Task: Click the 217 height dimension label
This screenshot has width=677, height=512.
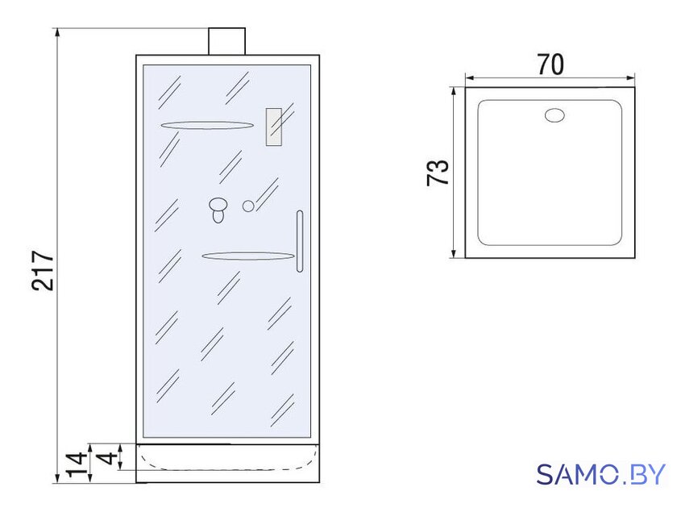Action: (43, 269)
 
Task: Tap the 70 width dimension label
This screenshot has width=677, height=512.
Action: (550, 65)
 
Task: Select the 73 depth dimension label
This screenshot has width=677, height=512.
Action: (438, 173)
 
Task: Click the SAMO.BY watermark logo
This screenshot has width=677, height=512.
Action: (600, 474)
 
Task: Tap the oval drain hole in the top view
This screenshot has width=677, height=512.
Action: (554, 115)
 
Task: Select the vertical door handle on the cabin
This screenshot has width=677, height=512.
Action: (300, 241)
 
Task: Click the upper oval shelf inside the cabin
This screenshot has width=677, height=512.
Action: (207, 125)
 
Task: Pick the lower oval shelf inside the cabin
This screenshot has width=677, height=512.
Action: (248, 256)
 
